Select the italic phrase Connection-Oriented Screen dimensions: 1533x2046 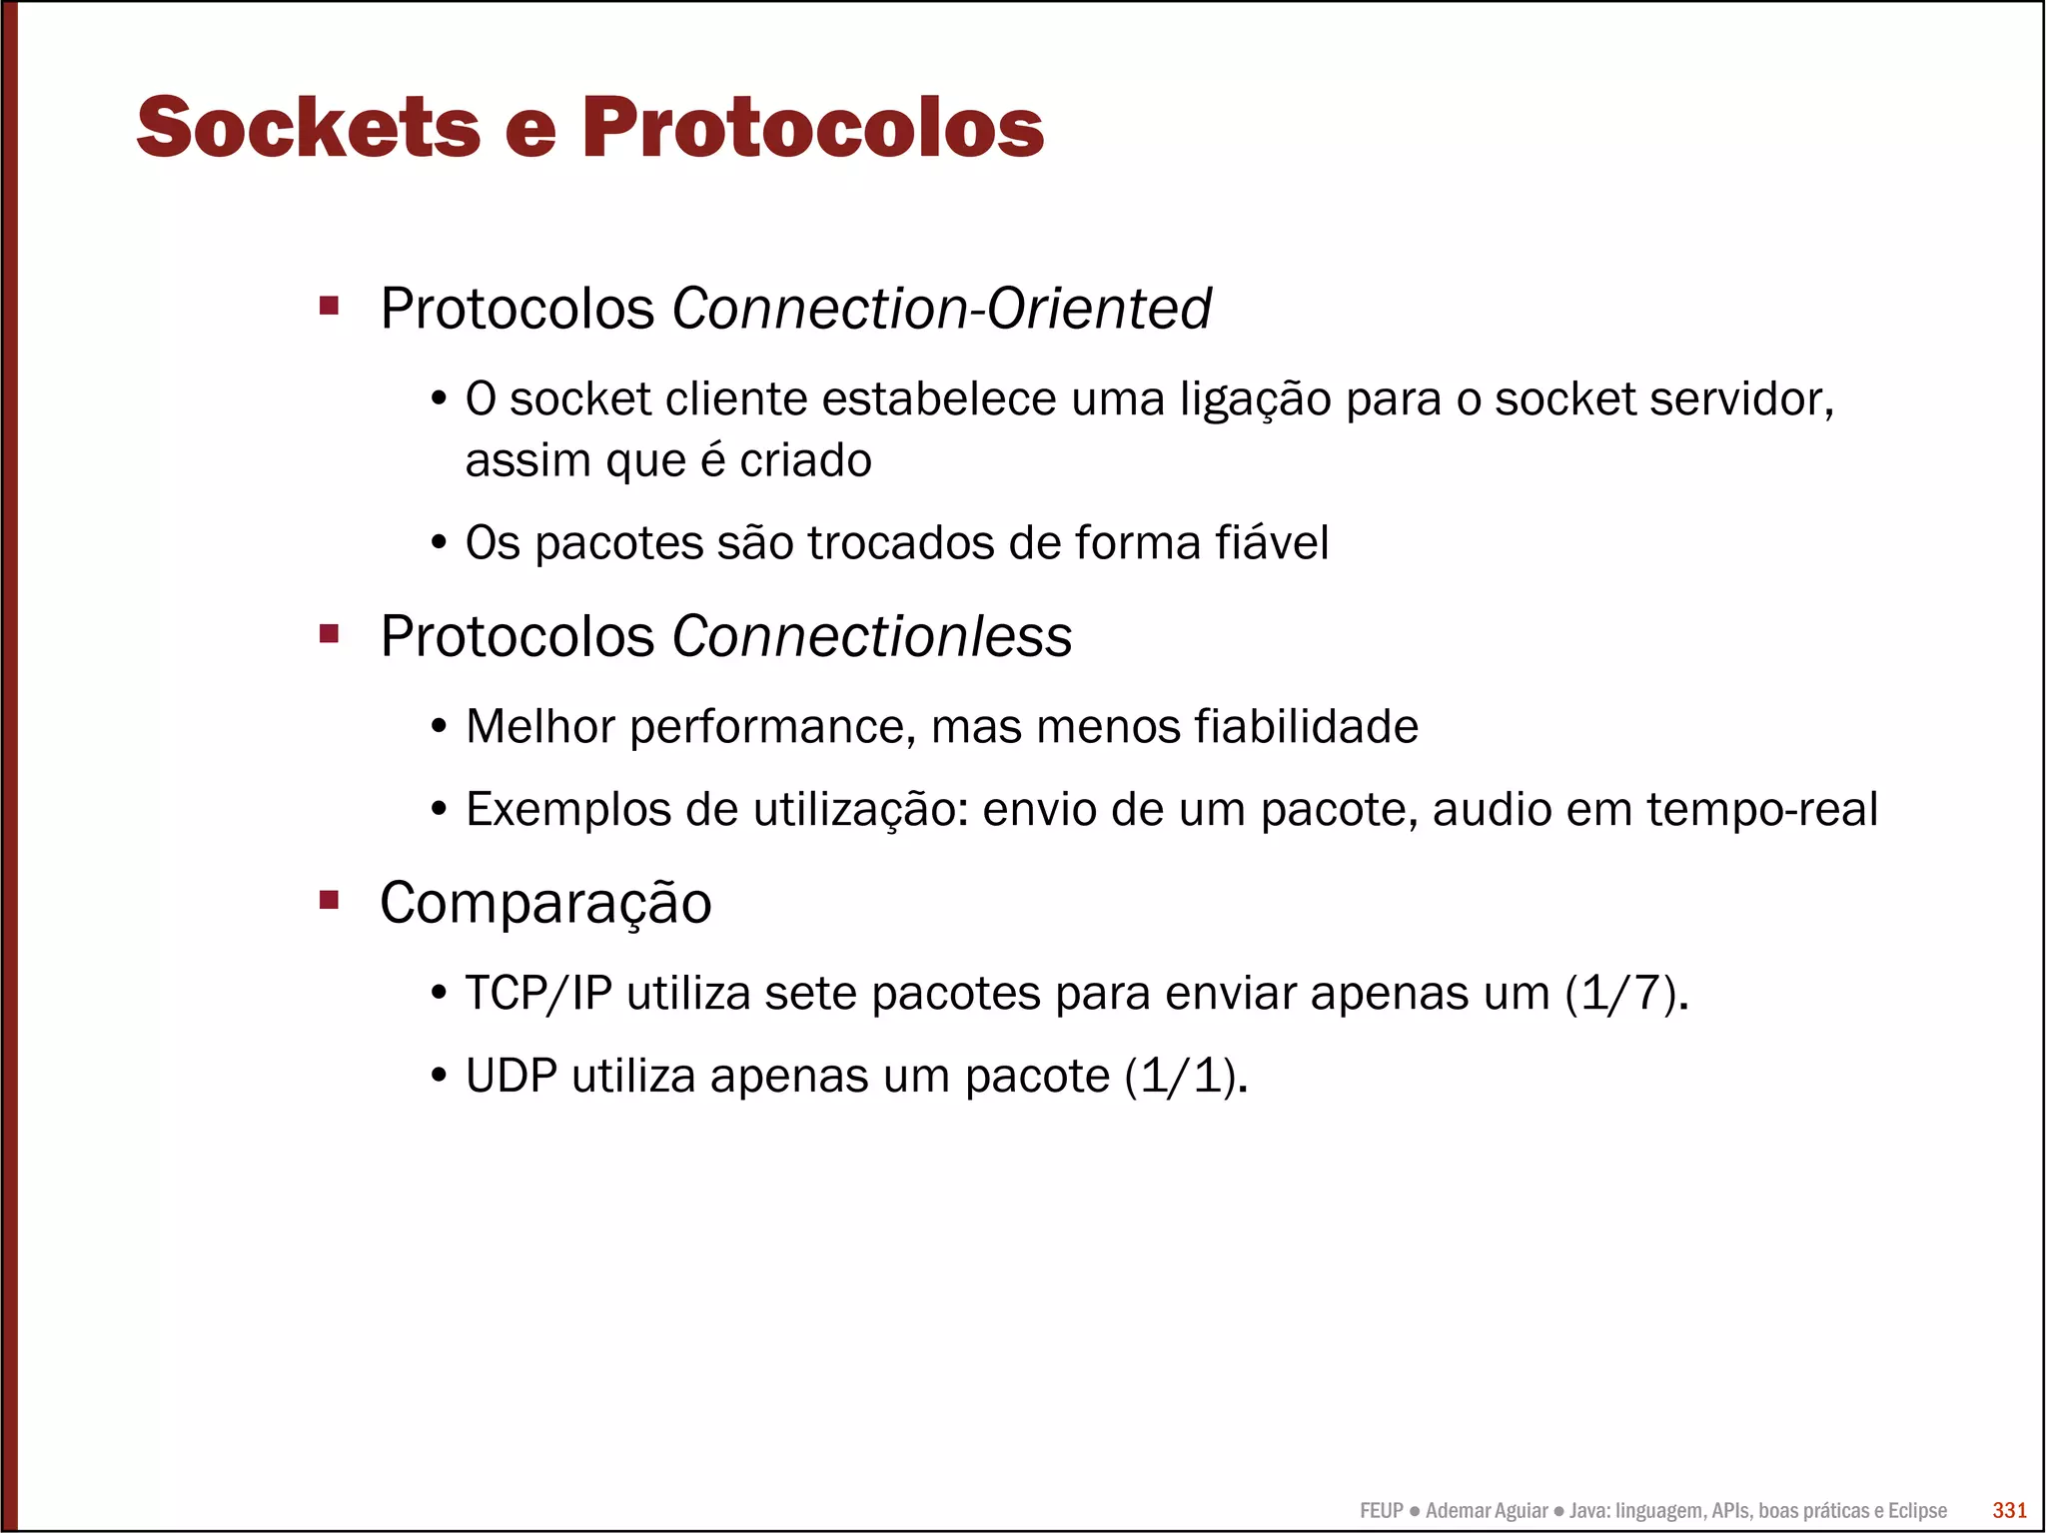tap(941, 308)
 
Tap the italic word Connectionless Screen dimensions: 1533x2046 tap(872, 636)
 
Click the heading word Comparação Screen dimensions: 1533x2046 tap(545, 903)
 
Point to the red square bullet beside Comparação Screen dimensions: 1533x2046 tap(330, 901)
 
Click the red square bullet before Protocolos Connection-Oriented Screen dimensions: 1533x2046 tap(330, 306)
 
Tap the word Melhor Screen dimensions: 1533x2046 tap(540, 726)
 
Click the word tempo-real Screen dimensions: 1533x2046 tap(1762, 809)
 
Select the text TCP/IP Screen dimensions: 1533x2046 tap(538, 994)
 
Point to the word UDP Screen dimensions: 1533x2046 tap(511, 1077)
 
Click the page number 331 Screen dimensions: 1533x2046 tap(2009, 1510)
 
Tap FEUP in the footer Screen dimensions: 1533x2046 tap(1382, 1511)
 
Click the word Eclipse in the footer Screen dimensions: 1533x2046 tap(1917, 1511)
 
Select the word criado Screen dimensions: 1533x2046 tap(805, 460)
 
